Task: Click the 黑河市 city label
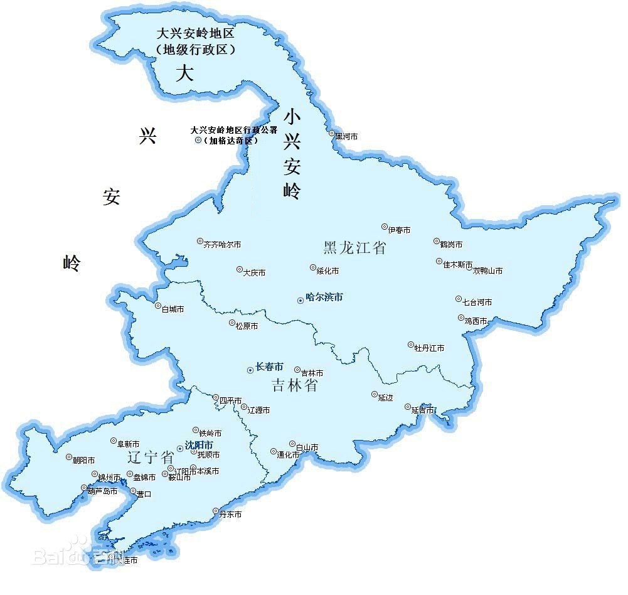click(x=346, y=136)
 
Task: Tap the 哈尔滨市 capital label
click(x=324, y=297)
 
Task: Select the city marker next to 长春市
click(x=250, y=370)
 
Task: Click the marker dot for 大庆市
click(x=239, y=269)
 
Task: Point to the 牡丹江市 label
click(x=429, y=348)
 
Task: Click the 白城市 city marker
click(x=157, y=306)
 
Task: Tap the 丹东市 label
click(x=230, y=515)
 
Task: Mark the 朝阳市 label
click(x=83, y=460)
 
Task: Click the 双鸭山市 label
click(x=487, y=271)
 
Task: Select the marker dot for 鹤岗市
click(x=436, y=241)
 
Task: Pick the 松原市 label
click(x=247, y=326)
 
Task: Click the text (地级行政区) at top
click(x=196, y=49)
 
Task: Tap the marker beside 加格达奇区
click(x=198, y=141)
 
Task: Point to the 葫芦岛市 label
click(x=102, y=491)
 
